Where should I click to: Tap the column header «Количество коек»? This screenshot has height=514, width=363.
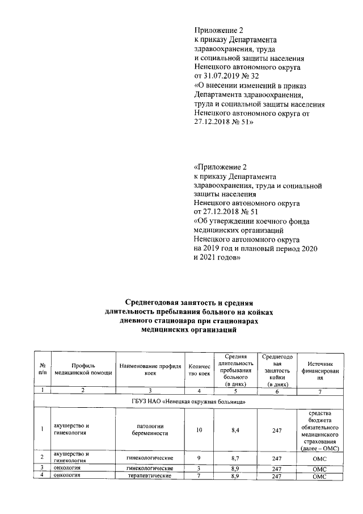point(199,369)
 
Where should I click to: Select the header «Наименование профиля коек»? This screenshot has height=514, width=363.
point(150,369)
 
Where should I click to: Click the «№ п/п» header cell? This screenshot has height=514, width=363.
point(43,369)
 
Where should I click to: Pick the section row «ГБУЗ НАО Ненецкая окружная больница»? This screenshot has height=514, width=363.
point(188,402)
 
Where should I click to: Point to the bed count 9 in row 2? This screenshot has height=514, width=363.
point(199,457)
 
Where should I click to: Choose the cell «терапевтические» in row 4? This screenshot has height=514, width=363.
point(150,476)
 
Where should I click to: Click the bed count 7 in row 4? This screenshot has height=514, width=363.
point(199,476)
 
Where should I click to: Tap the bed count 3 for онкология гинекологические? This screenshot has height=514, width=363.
point(199,467)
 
